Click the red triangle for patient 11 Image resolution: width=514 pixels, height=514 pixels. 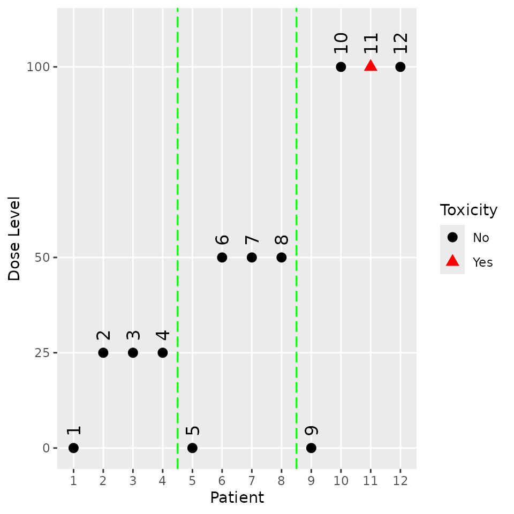tap(371, 66)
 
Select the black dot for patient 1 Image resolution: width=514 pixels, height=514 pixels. tap(73, 448)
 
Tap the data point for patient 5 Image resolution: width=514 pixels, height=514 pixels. tap(192, 448)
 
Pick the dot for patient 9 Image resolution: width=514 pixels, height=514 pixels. tap(311, 448)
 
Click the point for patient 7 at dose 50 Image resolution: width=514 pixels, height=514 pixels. tap(252, 258)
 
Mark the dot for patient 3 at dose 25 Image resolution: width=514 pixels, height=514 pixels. tap(133, 353)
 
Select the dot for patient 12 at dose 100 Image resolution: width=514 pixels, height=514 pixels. tap(400, 67)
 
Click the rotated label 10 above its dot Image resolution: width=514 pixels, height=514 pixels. tap(341, 43)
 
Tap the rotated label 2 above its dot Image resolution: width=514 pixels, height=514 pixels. tap(103, 335)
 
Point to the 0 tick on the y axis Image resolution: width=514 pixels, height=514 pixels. tap(47, 448)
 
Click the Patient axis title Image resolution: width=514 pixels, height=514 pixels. tap(237, 498)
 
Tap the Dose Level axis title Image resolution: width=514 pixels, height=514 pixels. tap(14, 239)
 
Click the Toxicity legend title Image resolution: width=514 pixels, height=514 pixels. tap(468, 210)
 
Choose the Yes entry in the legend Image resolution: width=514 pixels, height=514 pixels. tap(482, 262)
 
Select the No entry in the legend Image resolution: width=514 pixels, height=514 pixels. tap(480, 237)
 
